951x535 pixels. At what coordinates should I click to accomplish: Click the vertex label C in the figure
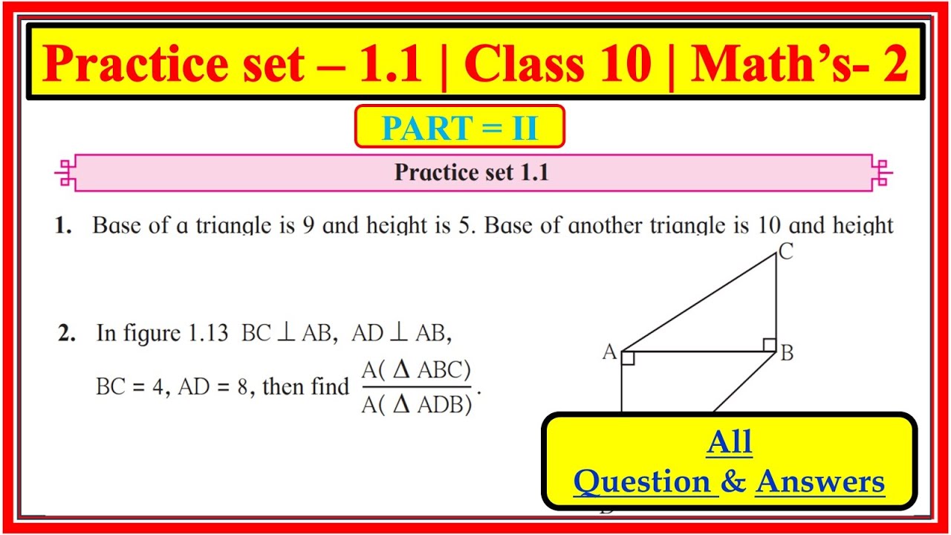click(786, 251)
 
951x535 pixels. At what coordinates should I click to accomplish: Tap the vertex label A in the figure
click(609, 351)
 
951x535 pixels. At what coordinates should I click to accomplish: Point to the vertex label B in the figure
click(787, 353)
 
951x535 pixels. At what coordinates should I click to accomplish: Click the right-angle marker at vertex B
click(769, 345)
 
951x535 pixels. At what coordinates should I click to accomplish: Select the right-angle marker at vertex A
click(628, 358)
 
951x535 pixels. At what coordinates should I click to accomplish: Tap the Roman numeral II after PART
click(525, 127)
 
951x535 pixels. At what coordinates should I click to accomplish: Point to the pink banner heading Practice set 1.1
click(472, 172)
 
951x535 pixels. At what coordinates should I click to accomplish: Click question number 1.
click(63, 225)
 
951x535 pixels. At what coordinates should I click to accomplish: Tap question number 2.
click(67, 334)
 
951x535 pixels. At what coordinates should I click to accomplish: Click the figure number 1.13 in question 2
click(208, 334)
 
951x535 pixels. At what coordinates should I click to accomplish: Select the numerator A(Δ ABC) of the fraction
click(416, 370)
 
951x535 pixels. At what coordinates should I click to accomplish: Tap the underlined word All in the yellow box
click(730, 442)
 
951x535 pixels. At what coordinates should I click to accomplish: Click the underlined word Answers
click(819, 482)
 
